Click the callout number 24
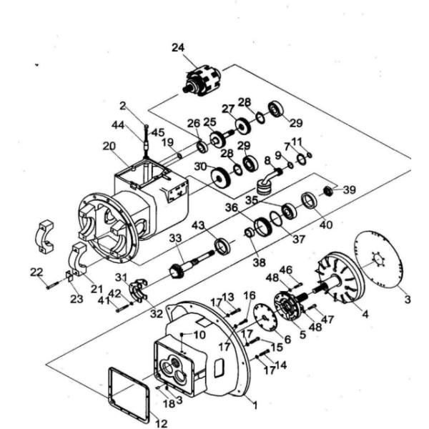pos(179,47)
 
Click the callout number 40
pos(325,224)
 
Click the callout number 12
pos(152,418)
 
